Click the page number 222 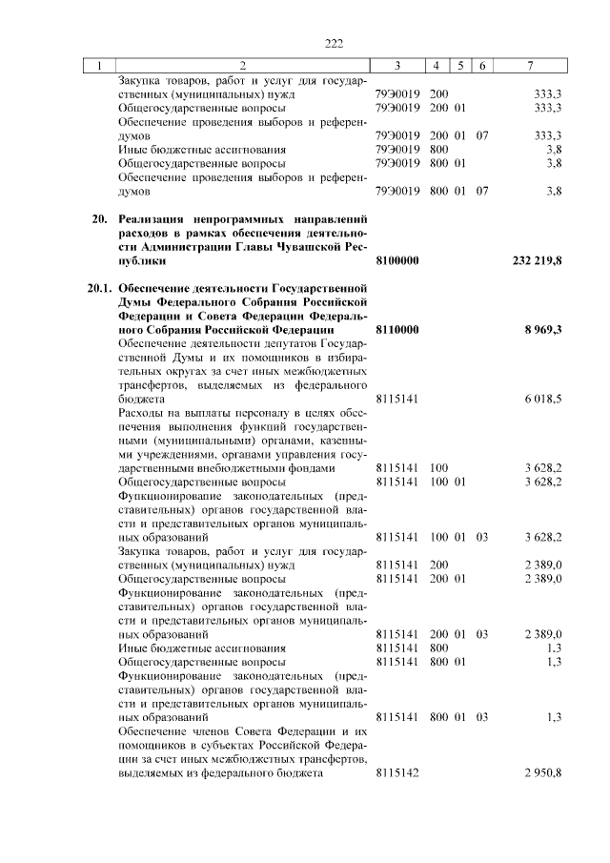(333, 44)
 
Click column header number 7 (530, 66)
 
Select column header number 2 (242, 66)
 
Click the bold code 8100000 (397, 259)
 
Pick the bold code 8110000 (397, 329)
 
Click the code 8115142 (397, 772)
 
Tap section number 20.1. (96, 287)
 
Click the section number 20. (96, 218)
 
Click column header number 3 (397, 66)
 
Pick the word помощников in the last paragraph (151, 745)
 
